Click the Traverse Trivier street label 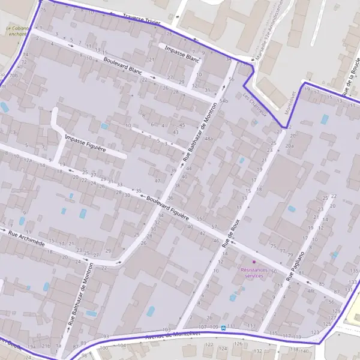point(142,19)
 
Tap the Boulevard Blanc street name point(122,66)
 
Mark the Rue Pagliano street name point(301,263)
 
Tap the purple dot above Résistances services point(254,262)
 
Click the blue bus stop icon point(223,328)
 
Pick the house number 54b point(224,101)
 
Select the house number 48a point(209,139)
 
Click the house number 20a point(290,146)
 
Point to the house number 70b point(14,76)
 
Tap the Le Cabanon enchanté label point(17,31)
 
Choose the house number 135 point(353,271)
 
